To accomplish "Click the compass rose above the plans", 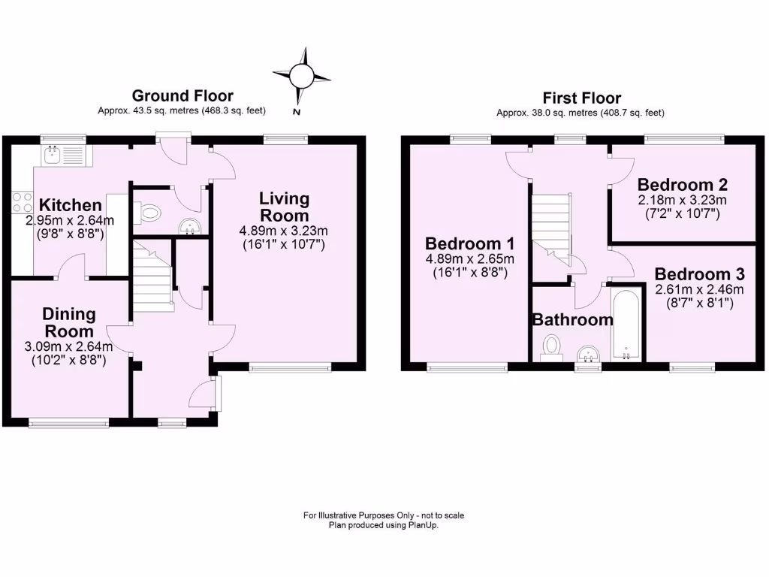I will click(302, 76).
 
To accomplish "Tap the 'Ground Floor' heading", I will click(182, 95).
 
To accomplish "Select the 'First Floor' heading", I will click(582, 98).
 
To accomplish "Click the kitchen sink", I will click(53, 155).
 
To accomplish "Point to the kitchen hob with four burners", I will click(21, 202).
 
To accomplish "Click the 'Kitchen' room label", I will click(70, 205).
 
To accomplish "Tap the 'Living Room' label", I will click(284, 207).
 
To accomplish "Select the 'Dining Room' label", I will click(68, 322).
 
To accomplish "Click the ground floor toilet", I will click(150, 213).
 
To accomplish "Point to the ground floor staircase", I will click(152, 275).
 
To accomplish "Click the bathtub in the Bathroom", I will click(625, 325).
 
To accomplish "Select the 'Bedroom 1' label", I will click(469, 243).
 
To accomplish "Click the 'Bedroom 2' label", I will click(683, 185).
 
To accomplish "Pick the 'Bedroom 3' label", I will click(698, 274).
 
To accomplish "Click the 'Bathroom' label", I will click(572, 319).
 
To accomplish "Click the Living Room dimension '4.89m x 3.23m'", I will click(284, 231).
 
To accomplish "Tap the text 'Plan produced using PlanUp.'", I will click(384, 526).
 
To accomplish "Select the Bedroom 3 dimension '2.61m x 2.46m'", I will click(699, 290).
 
